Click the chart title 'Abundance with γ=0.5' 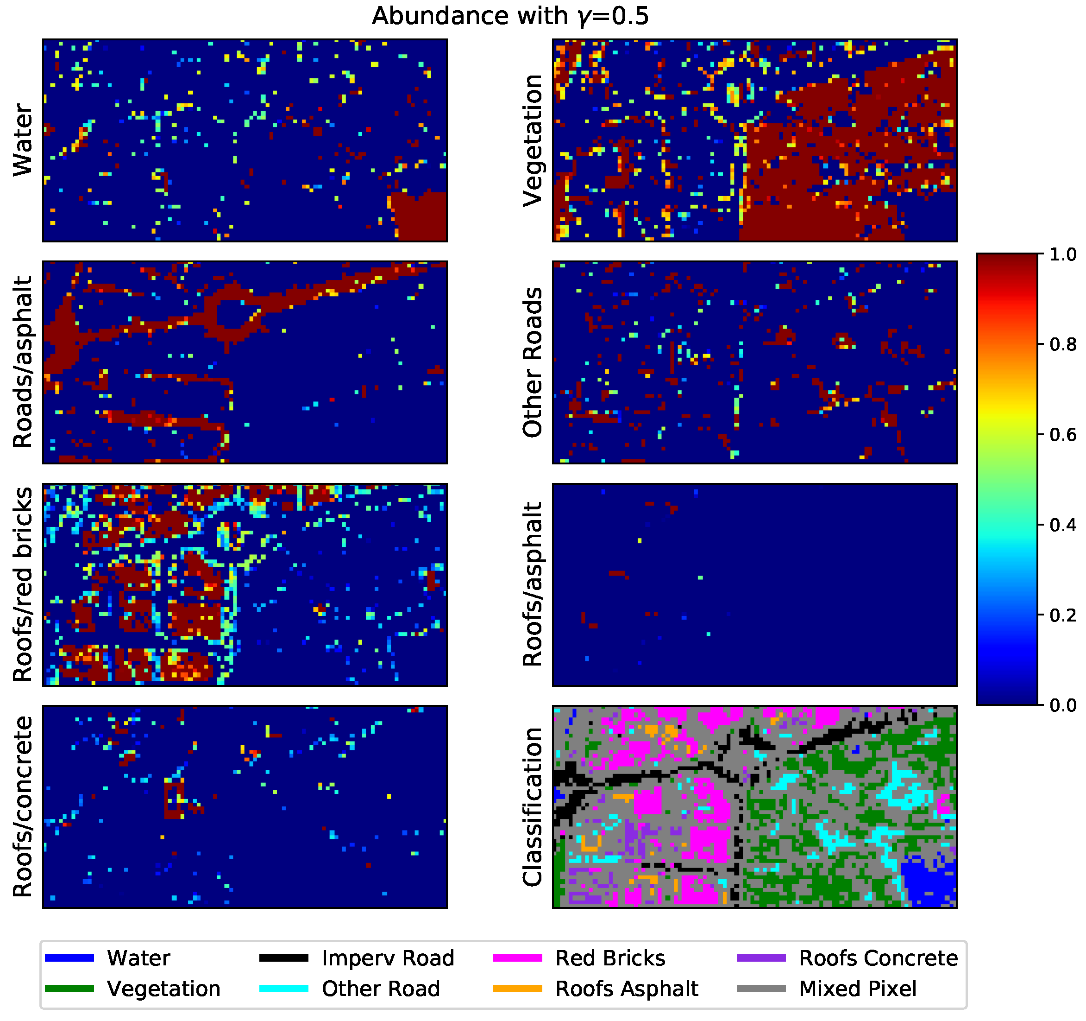click(x=510, y=16)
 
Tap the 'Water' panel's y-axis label click(x=23, y=140)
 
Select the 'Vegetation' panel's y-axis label click(x=533, y=140)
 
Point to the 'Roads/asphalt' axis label click(x=23, y=362)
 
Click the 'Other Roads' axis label click(x=533, y=362)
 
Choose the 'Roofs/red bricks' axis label click(x=23, y=584)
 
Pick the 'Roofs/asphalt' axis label click(x=533, y=584)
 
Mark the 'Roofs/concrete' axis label click(x=23, y=807)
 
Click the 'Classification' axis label click(x=533, y=807)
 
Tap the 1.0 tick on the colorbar click(x=1062, y=255)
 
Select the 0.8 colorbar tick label click(x=1062, y=345)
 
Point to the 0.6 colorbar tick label click(x=1062, y=435)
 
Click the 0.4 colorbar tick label click(x=1062, y=525)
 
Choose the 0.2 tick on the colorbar click(x=1062, y=615)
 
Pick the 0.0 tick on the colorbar click(x=1062, y=706)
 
